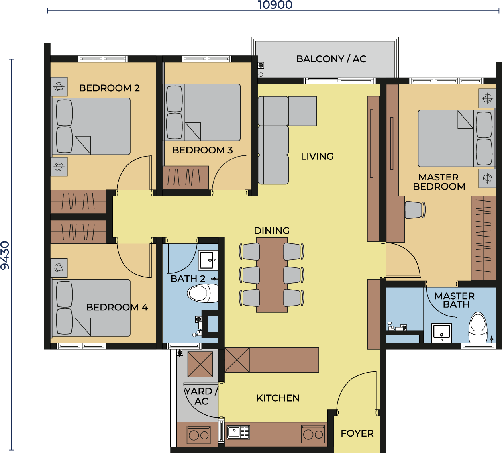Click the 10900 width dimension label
(275, 5)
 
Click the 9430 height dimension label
(5, 255)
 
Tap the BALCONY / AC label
(331, 59)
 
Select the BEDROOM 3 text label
(202, 150)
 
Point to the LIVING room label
(317, 157)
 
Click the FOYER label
(357, 433)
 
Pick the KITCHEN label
(278, 398)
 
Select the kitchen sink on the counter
(238, 432)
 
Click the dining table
(272, 275)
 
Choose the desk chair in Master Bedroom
(414, 210)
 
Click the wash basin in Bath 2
(208, 260)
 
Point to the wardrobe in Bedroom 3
(186, 177)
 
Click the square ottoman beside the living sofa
(303, 111)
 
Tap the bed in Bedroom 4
(91, 308)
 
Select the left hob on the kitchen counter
(199, 434)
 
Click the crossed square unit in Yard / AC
(200, 364)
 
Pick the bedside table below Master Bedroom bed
(487, 178)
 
